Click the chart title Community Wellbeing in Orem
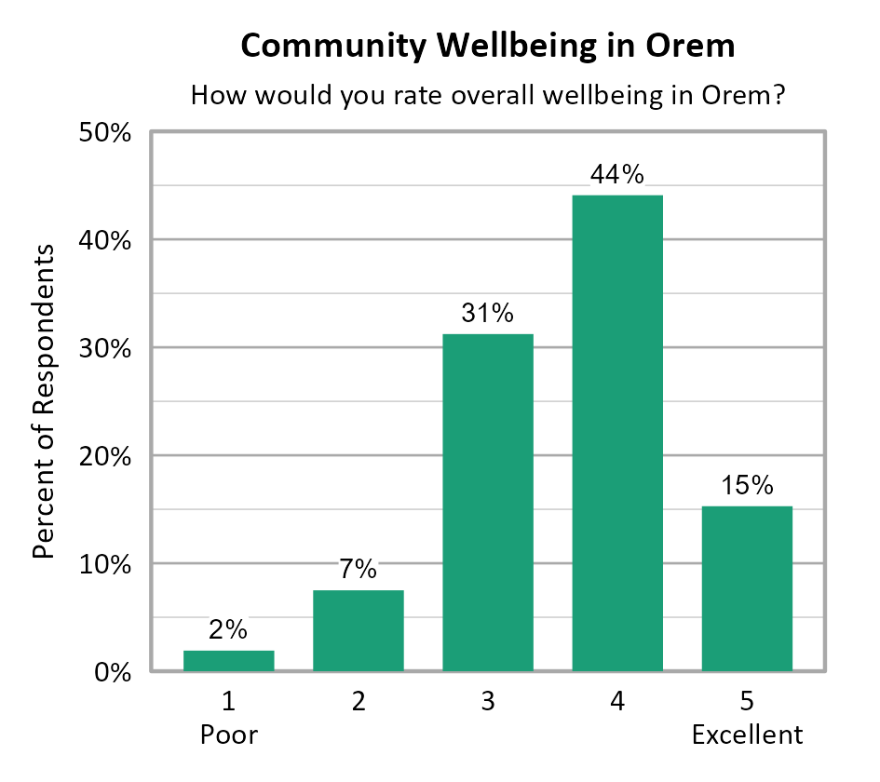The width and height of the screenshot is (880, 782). coord(487,46)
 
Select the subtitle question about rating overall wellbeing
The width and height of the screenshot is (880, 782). coord(487,96)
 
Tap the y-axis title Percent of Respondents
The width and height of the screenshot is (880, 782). coord(44,402)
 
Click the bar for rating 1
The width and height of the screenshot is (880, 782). coord(228,660)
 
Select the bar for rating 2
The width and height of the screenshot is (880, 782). coord(358,630)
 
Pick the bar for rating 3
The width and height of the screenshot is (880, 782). coord(487,503)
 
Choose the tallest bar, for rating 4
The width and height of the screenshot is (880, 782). coord(616,433)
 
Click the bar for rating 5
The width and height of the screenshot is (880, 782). coord(746,588)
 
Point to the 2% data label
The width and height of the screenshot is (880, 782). coord(228,630)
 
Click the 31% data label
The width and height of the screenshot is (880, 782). coord(487,314)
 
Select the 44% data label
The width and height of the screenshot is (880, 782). coord(616,175)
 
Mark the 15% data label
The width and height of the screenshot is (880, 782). coord(746,486)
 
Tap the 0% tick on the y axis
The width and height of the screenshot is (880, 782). coord(110,672)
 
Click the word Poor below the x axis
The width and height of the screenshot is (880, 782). coord(228,735)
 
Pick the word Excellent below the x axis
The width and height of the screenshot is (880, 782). coord(746,735)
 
